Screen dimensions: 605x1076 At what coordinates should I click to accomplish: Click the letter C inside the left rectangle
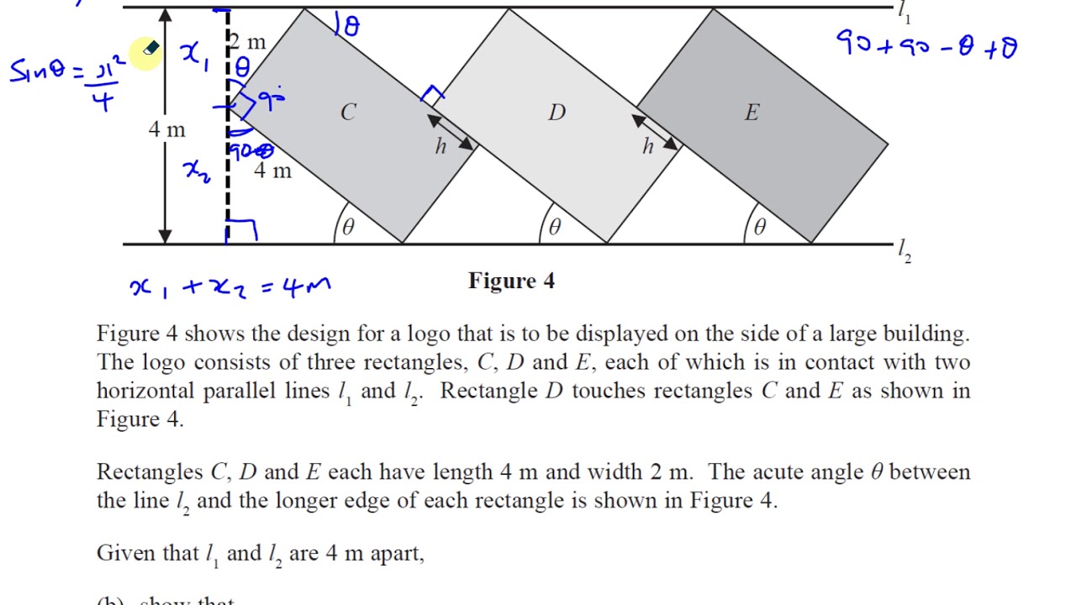coord(348,113)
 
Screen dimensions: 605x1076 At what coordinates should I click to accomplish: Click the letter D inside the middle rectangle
coord(556,113)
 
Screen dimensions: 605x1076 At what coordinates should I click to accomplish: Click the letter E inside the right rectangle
coord(752,113)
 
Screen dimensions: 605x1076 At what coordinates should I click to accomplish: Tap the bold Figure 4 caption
coord(511,281)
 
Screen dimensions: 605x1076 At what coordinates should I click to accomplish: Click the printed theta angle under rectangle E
coord(760,227)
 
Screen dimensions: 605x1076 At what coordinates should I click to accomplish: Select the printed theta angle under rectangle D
coord(555,227)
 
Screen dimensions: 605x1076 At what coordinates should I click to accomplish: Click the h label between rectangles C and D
coord(440,147)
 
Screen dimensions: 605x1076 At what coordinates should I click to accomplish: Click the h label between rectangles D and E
coord(647,147)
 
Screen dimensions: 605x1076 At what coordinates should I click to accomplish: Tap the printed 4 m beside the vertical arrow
coord(166,129)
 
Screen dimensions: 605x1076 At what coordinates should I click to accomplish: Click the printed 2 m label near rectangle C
coord(248,42)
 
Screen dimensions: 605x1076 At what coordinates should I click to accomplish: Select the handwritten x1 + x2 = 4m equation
coord(230,287)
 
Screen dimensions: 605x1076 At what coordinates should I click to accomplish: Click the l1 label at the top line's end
coord(904,12)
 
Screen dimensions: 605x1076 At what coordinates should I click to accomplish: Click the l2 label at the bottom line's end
coord(904,250)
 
